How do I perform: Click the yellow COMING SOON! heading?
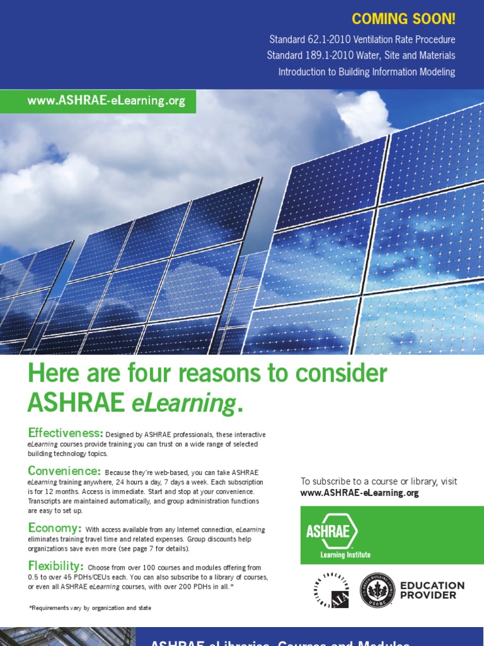pyautogui.click(x=403, y=19)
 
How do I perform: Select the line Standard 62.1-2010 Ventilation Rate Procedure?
pyautogui.click(x=362, y=40)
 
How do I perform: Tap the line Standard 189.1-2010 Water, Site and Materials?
pyautogui.click(x=360, y=56)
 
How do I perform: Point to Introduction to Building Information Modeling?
pyautogui.click(x=367, y=72)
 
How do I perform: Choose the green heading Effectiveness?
pyautogui.click(x=65, y=433)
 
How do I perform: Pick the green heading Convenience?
pyautogui.click(x=64, y=471)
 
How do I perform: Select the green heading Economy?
pyautogui.click(x=54, y=527)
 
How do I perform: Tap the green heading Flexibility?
pyautogui.click(x=55, y=565)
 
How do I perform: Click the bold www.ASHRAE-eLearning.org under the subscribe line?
pyautogui.click(x=359, y=493)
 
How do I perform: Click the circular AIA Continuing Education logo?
pyautogui.click(x=331, y=590)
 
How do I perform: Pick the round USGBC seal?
pyautogui.click(x=377, y=590)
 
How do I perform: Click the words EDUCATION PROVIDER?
pyautogui.click(x=432, y=590)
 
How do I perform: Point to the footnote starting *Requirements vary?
pyautogui.click(x=90, y=608)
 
